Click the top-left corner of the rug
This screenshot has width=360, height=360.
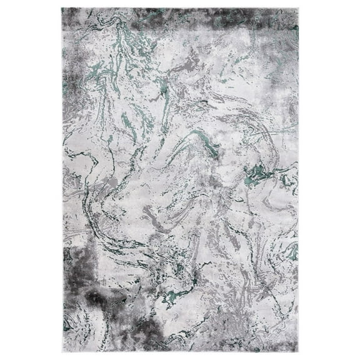(x=62, y=8)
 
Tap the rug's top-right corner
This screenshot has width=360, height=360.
(x=299, y=8)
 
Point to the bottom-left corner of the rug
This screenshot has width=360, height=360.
(x=62, y=352)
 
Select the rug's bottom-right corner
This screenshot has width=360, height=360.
(x=299, y=352)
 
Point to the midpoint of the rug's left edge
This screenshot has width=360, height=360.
(x=62, y=180)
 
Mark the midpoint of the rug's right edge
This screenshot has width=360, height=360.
(x=299, y=180)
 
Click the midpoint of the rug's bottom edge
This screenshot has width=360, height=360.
(x=181, y=352)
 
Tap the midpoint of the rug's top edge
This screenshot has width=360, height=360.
(x=181, y=8)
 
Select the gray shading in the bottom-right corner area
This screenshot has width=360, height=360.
(x=284, y=337)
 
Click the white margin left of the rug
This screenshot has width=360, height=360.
(x=31, y=180)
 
